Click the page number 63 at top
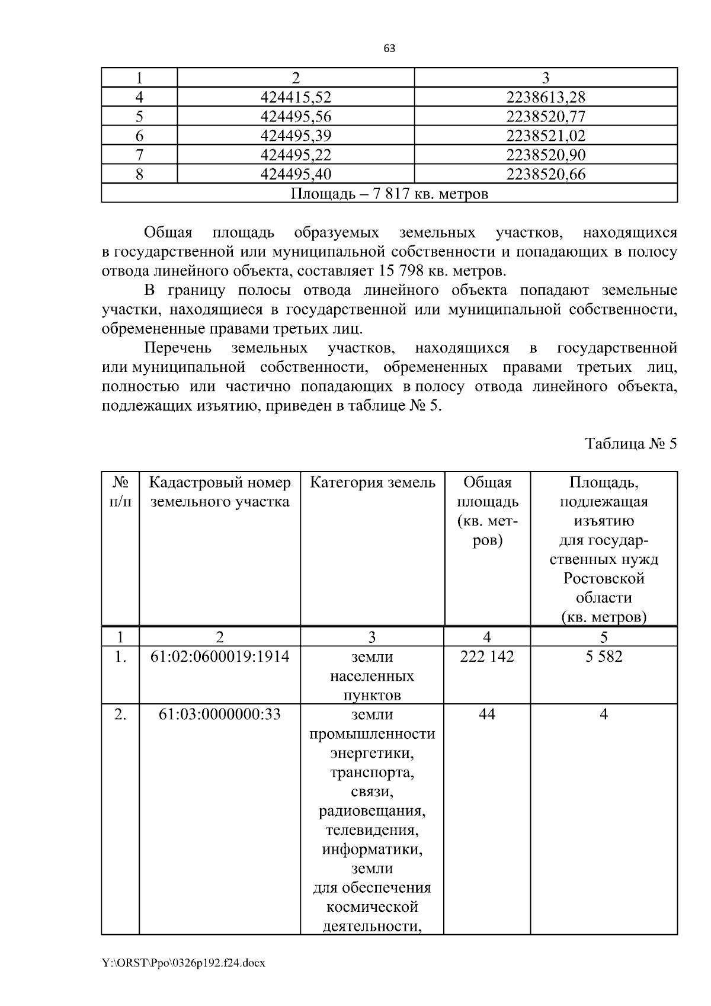[389, 49]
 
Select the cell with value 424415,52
[296, 97]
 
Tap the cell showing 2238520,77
[546, 117]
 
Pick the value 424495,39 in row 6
[296, 136]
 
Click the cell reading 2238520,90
[546, 155]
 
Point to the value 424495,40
[296, 174]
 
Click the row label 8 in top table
[139, 174]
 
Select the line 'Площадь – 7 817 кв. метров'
[389, 194]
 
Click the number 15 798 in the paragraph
[396, 271]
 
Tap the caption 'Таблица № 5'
[630, 444]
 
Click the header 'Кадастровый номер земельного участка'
[220, 492]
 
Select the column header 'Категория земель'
[372, 483]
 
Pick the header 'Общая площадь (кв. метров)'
[487, 511]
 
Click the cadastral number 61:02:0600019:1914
[220, 656]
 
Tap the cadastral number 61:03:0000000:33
[220, 715]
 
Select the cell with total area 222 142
[487, 656]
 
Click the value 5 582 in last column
[604, 656]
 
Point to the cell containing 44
[487, 715]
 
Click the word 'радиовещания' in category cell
[372, 811]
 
